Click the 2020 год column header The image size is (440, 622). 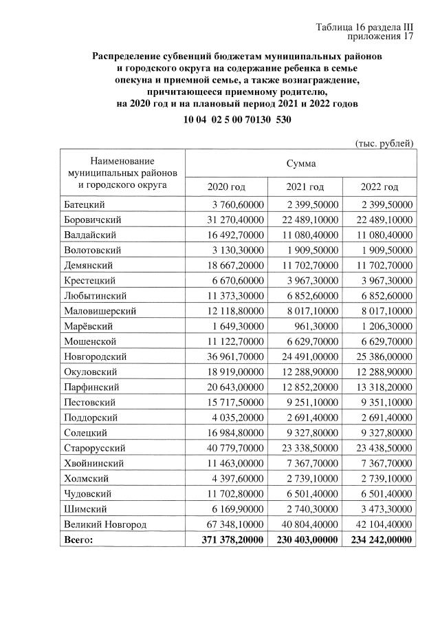coord(226,187)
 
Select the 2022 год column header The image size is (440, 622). coord(379,187)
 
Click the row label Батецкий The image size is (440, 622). coord(85,205)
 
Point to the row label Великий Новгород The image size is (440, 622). coord(104,524)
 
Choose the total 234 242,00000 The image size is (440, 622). coord(380,539)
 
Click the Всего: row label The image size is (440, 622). coord(78,539)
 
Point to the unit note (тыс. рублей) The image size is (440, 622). coord(384,143)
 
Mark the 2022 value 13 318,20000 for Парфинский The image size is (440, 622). coord(380,387)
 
